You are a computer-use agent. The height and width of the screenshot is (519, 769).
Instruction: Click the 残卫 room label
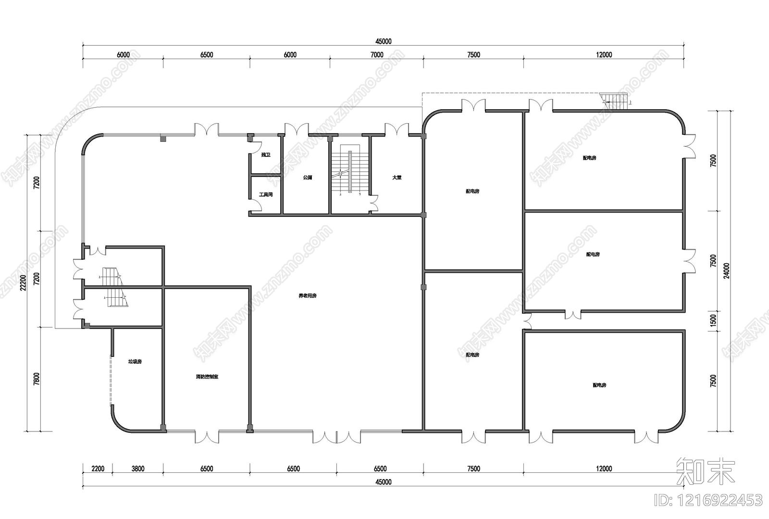pos(266,155)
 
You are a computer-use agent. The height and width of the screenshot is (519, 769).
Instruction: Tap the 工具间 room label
pos(266,195)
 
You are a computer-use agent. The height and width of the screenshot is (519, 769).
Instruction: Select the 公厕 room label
pos(308,177)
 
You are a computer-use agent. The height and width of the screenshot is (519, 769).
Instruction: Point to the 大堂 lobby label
pos(397,177)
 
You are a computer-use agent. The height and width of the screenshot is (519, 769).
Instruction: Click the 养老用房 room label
pos(308,296)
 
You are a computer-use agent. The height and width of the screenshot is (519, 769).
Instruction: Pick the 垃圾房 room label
pos(135,361)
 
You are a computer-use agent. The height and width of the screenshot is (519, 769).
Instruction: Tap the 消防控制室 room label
pos(207,377)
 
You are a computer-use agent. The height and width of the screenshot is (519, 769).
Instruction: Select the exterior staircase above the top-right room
pos(616,101)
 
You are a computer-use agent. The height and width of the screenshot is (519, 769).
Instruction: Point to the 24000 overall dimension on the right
pos(727,270)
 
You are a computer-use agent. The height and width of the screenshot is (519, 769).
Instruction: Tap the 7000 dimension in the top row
pos(377,55)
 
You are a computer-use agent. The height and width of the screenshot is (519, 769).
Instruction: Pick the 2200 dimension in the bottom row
pos(97,468)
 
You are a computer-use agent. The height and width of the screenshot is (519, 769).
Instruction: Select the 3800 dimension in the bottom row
pos(137,468)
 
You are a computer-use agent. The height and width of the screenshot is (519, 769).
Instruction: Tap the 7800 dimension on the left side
pos(37,379)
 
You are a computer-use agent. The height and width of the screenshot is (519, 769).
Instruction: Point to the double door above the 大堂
pos(397,129)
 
